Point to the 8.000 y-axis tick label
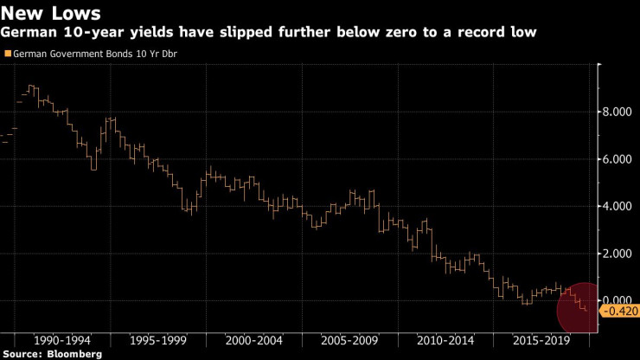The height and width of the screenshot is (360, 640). point(622,112)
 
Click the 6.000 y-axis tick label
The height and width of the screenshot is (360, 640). point(622,159)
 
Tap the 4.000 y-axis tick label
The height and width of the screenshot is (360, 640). point(622,206)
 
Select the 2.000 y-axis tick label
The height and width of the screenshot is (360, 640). point(622,254)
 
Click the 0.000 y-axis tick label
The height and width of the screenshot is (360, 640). point(622,300)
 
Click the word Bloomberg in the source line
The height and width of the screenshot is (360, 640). point(75,354)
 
